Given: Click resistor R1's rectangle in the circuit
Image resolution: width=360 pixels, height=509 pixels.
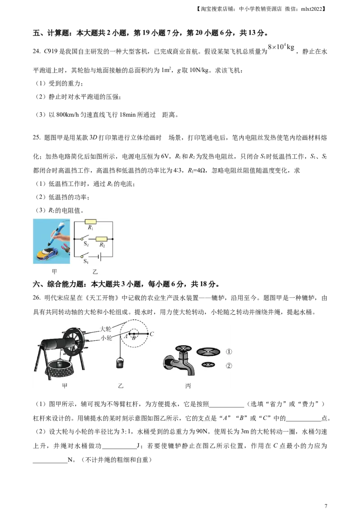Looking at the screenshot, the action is coord(90,222).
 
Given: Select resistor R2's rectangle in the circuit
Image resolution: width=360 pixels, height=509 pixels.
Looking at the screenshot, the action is coord(102,239).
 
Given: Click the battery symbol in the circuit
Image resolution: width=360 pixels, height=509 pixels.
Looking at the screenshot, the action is coord(99,257).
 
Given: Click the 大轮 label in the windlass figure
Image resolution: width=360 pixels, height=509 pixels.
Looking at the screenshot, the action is coord(106,329).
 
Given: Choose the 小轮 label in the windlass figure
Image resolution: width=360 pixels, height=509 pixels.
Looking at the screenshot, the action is coord(106,338).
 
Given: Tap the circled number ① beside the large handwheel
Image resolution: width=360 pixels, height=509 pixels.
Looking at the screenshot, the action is coord(229,352).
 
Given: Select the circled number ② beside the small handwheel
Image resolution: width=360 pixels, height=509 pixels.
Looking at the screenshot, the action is coord(229,366).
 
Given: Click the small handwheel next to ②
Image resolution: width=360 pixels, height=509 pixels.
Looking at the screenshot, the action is coord(208,365).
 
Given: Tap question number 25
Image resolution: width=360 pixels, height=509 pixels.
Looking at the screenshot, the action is coord(36,138).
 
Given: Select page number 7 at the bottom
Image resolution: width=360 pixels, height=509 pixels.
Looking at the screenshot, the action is coord(326,505).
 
